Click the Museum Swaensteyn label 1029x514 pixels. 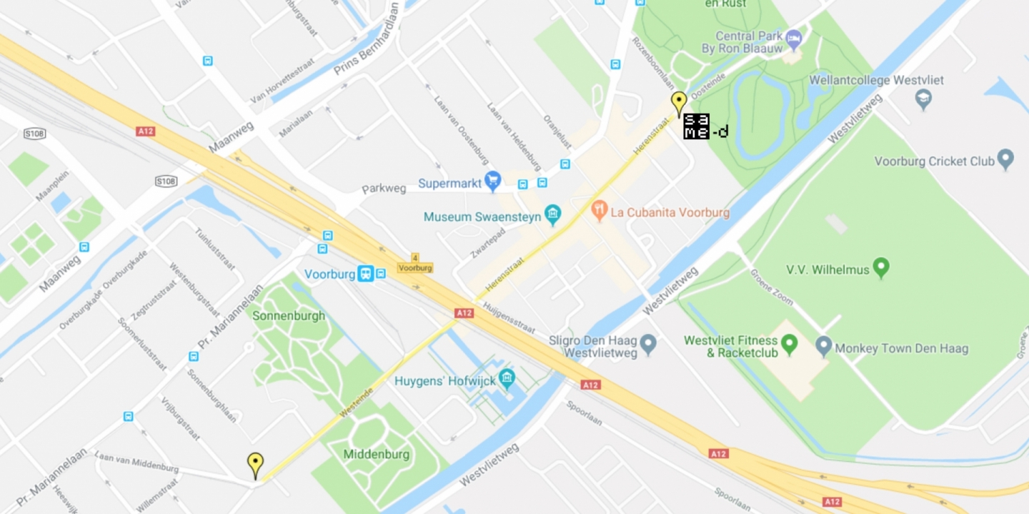pos(482,216)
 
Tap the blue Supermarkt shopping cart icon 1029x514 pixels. pos(492,182)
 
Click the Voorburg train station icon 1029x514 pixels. pos(365,273)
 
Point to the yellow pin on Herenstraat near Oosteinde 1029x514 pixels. pos(679,104)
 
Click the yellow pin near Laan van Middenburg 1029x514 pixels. pos(255,465)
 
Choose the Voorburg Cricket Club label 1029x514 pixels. pos(934,161)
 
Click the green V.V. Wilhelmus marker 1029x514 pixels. pos(881,268)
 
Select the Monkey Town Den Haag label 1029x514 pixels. pos(901,349)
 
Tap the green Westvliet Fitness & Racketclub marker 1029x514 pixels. pos(789,345)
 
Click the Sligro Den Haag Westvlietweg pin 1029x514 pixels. pos(648,345)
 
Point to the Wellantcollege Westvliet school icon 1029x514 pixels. pos(923,98)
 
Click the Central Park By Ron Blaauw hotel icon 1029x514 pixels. pos(793,37)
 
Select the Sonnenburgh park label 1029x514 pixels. pos(289,315)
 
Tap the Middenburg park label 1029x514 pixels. pos(377,454)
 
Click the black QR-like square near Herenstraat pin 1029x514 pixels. pos(696,127)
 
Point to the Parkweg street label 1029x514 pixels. pos(384,189)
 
